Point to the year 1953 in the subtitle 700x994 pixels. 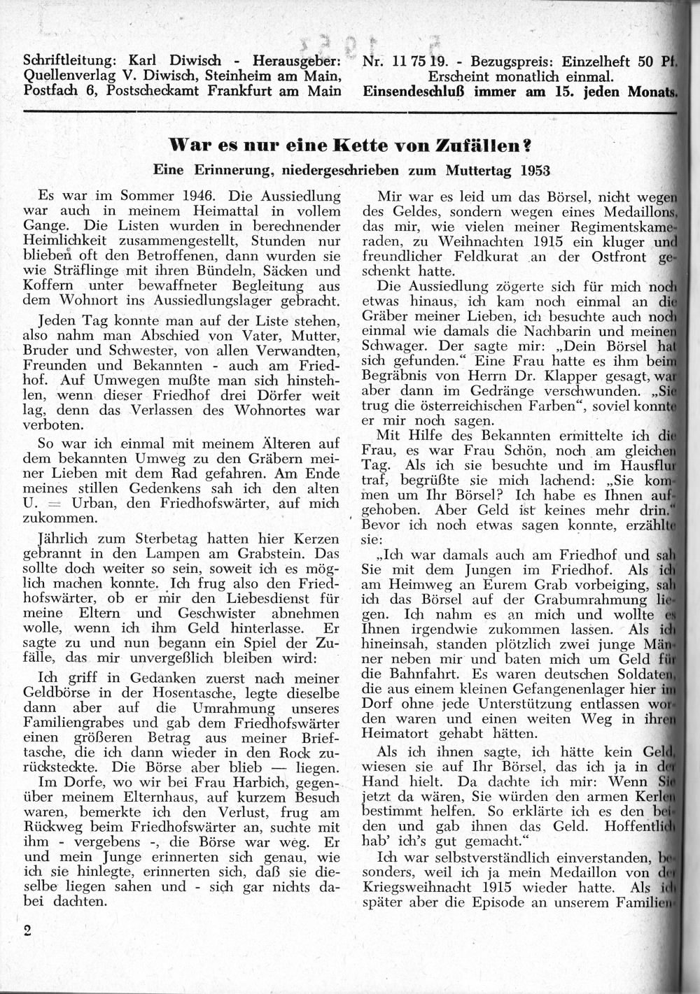[535, 170]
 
